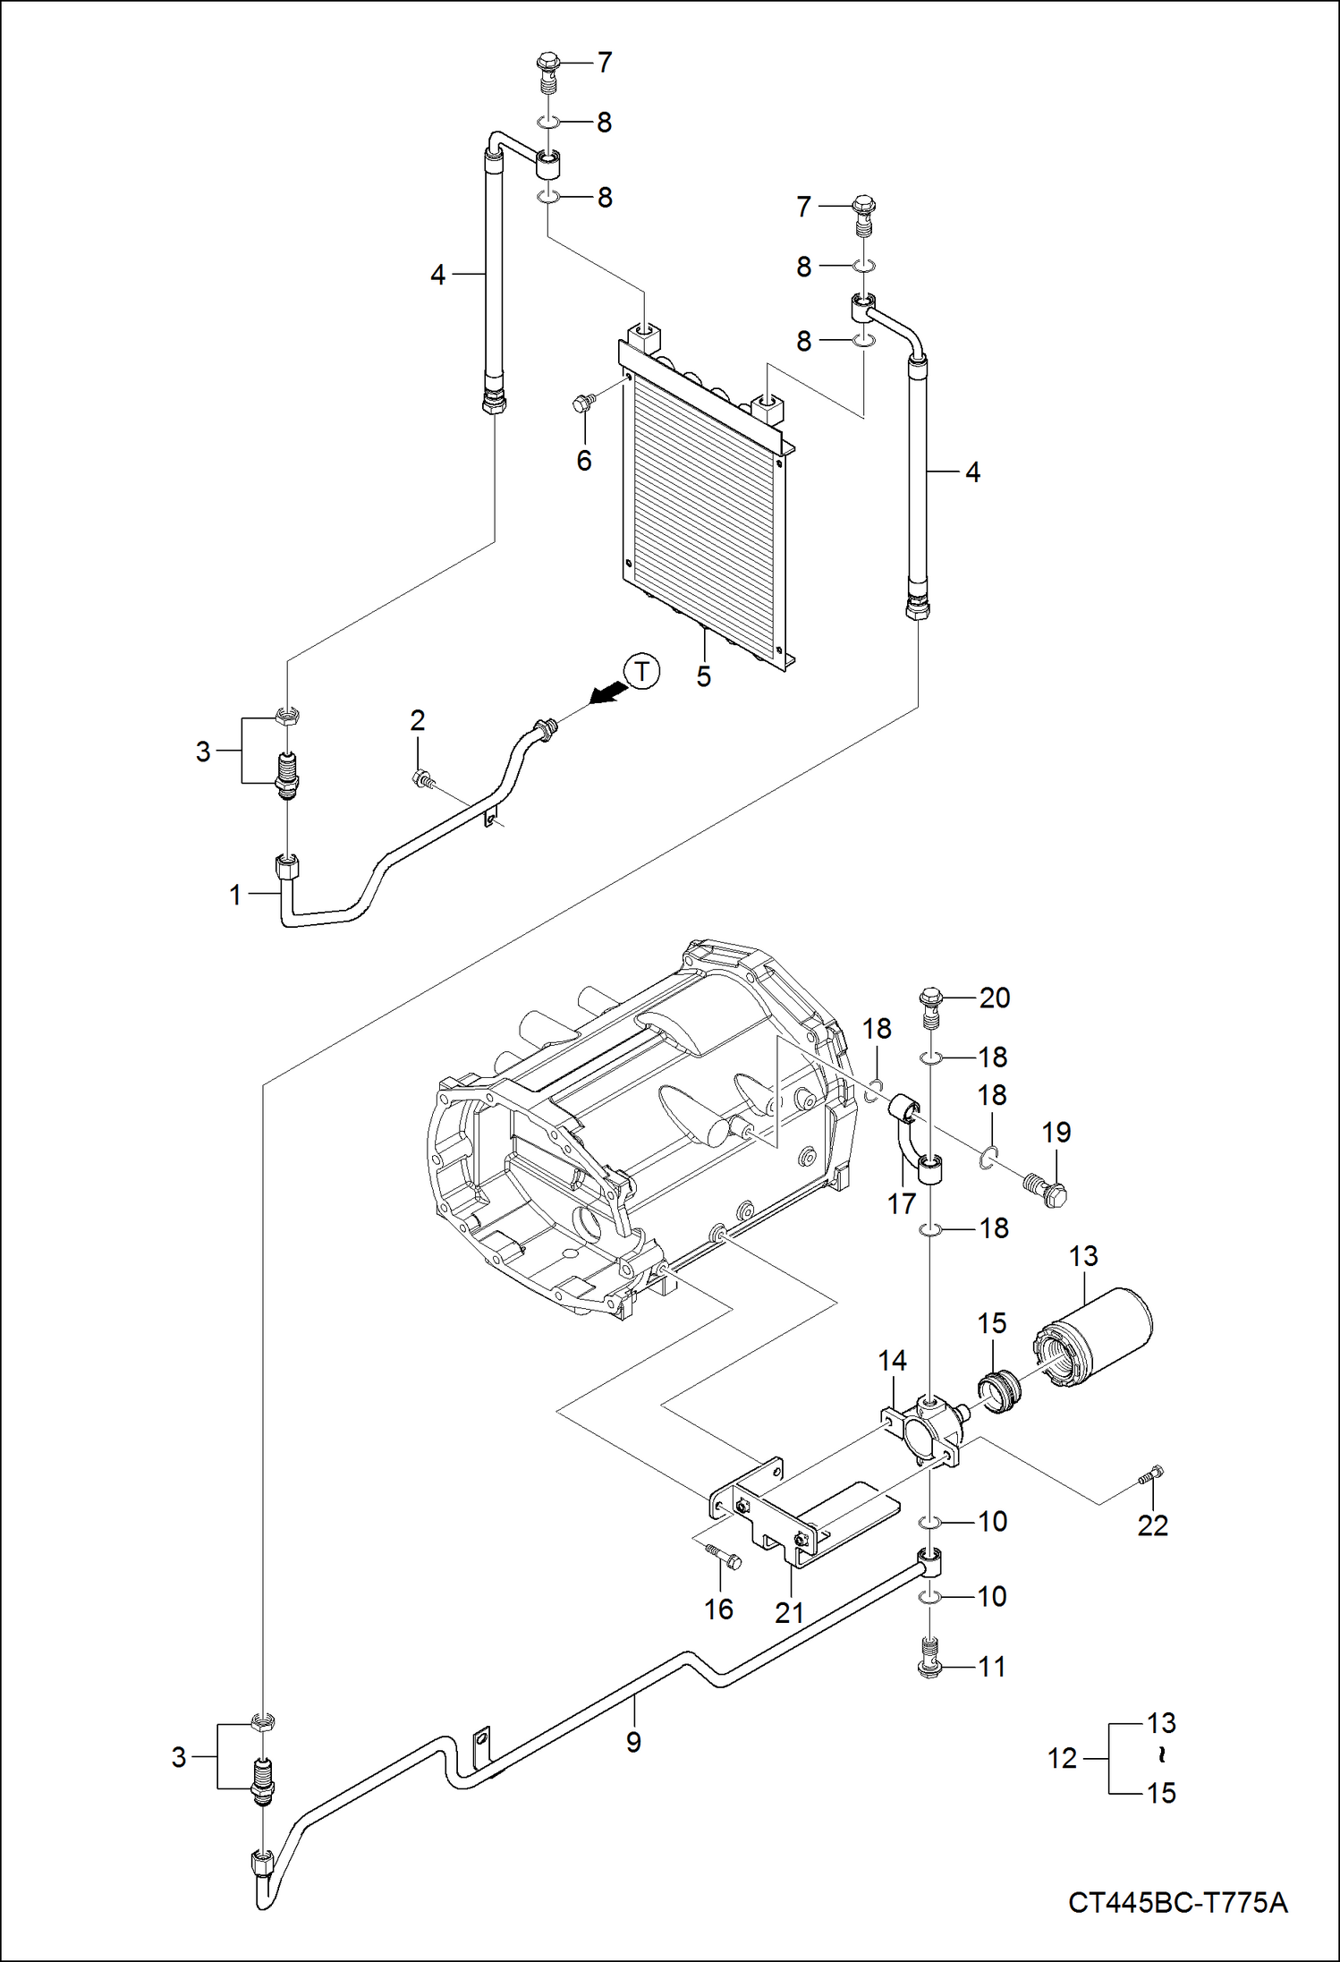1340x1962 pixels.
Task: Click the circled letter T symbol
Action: click(x=641, y=671)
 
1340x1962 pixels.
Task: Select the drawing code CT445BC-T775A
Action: click(x=1177, y=1902)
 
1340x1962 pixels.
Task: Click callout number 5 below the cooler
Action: click(x=704, y=677)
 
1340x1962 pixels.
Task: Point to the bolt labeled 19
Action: click(x=1045, y=1188)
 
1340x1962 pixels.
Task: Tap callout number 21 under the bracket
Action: click(x=789, y=1612)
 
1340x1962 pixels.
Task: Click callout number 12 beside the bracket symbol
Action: click(x=1062, y=1758)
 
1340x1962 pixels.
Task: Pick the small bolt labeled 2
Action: click(x=421, y=779)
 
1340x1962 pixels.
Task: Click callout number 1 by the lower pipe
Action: click(x=234, y=894)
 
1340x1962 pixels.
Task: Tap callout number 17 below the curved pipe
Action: click(x=901, y=1204)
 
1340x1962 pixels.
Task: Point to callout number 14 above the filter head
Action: click(x=892, y=1361)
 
